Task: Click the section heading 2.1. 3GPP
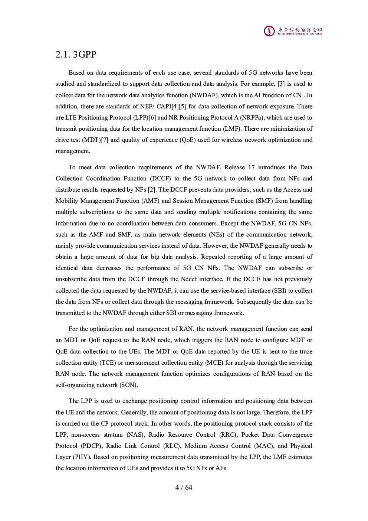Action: (x=76, y=55)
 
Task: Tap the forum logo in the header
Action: (x=293, y=31)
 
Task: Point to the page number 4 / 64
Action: (x=184, y=487)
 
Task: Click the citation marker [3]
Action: (x=281, y=84)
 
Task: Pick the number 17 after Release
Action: (x=252, y=167)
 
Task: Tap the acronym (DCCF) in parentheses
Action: (x=161, y=179)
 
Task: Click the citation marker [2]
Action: (x=151, y=190)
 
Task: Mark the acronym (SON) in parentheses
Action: (x=128, y=385)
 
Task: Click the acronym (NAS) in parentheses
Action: (x=135, y=435)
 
